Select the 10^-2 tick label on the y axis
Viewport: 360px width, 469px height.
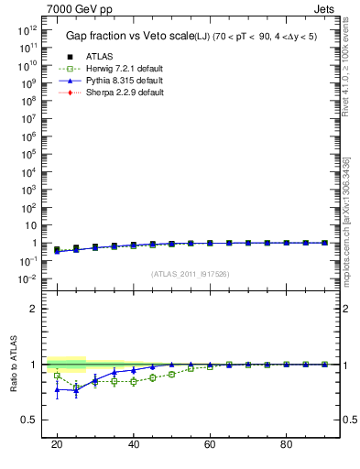[x=27, y=278]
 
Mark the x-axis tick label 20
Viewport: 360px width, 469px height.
[x=57, y=444]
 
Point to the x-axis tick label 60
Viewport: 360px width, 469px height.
[x=210, y=444]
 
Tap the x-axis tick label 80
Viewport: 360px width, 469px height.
[x=286, y=444]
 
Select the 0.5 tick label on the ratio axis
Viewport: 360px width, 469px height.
[x=28, y=420]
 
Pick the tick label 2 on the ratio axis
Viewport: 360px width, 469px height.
[x=33, y=309]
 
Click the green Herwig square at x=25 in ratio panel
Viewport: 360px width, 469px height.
[x=76, y=387]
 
